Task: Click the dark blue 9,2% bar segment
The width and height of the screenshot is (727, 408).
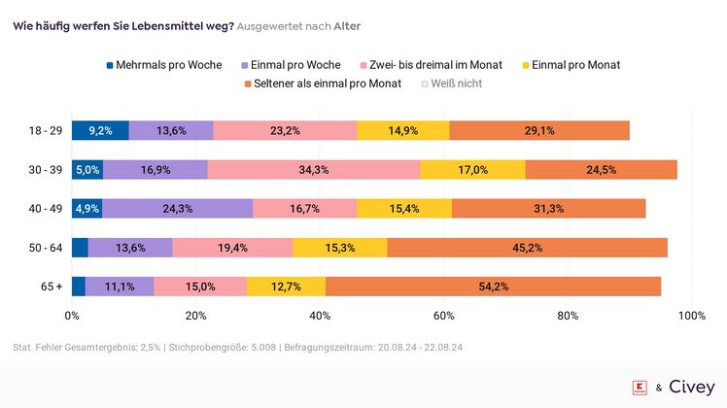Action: [x=100, y=130]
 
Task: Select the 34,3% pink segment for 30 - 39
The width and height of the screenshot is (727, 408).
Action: [x=314, y=169]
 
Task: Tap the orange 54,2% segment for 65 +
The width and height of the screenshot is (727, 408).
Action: [x=494, y=286]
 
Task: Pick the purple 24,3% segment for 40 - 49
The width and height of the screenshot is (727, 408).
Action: [x=177, y=208]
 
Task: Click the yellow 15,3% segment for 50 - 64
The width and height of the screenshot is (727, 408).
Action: [x=339, y=247]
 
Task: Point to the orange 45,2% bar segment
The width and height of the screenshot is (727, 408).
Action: [x=528, y=247]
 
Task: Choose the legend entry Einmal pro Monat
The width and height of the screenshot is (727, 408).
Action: [x=572, y=65]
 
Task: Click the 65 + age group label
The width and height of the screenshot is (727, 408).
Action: [x=52, y=286]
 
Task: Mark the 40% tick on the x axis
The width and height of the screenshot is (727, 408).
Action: [x=320, y=316]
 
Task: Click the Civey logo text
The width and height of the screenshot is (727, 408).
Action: [x=691, y=387]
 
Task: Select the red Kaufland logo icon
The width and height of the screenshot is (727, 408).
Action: [x=640, y=387]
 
